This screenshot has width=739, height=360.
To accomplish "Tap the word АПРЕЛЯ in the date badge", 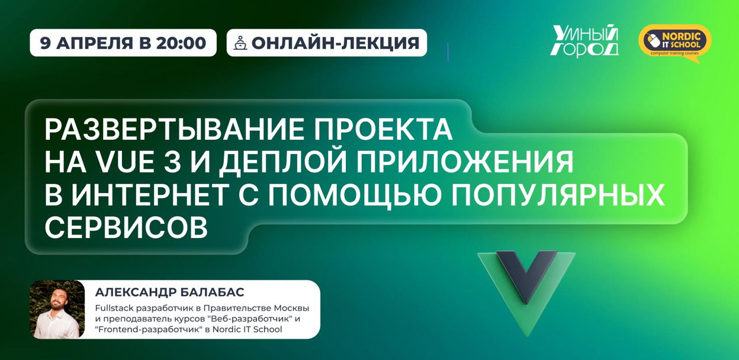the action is pyautogui.click(x=95, y=43).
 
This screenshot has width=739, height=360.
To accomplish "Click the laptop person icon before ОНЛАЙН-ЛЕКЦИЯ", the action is pyautogui.click(x=240, y=43).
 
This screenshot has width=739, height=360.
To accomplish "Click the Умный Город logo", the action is pyautogui.click(x=584, y=41).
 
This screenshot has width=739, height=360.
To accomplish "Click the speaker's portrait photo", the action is pyautogui.click(x=57, y=309).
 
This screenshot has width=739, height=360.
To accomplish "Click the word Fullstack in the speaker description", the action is pyautogui.click(x=114, y=308).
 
